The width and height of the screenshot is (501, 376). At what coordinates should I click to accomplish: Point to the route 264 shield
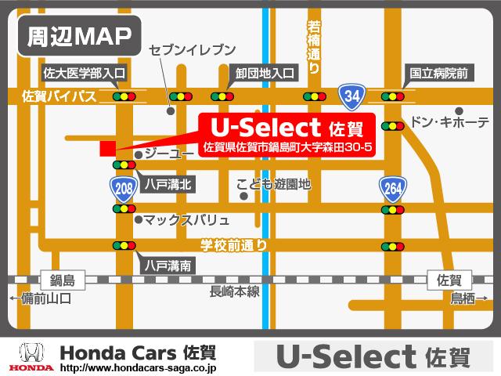[392, 187]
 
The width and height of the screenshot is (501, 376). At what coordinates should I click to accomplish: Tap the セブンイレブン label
[192, 49]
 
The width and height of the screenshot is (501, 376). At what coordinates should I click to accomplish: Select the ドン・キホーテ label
[449, 123]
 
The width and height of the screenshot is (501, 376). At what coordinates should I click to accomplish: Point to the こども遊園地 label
[274, 185]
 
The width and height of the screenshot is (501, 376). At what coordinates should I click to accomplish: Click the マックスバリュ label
[186, 220]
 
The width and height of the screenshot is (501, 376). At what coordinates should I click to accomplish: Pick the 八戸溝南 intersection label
[168, 266]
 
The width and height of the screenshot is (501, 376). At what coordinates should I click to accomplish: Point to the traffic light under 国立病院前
[393, 96]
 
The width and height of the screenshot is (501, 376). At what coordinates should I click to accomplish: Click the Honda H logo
[29, 350]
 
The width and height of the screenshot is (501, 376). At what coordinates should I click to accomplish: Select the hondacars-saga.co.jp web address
[137, 367]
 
